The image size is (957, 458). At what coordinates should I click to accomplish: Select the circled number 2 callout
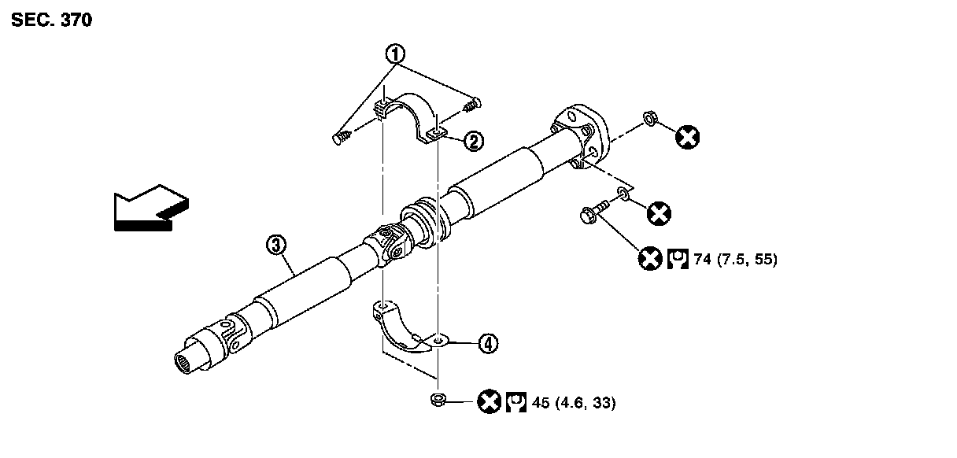473,141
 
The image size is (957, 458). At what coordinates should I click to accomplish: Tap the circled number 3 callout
275,246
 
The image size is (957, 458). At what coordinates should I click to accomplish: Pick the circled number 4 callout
488,343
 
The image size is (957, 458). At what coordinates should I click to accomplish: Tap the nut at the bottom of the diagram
439,400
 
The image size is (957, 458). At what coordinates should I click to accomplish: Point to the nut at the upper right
651,118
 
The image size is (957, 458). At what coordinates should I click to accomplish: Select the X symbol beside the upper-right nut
687,138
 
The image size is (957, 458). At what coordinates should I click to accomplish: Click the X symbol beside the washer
658,212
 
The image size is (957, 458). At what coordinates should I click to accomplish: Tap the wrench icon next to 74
678,258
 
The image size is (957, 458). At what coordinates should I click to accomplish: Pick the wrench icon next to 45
516,402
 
